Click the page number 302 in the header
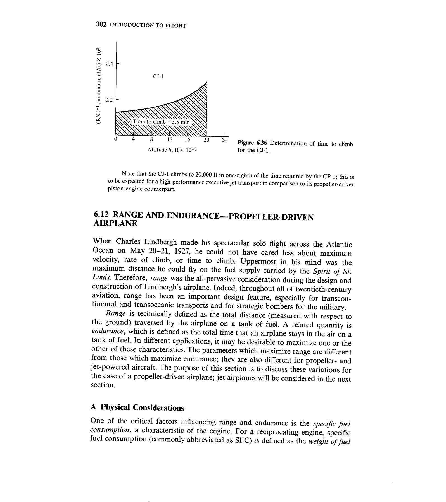coord(101,25)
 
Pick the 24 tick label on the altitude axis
coord(224,140)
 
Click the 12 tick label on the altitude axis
coord(169,140)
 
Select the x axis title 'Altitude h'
coord(172,150)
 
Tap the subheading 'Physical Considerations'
coord(142,408)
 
